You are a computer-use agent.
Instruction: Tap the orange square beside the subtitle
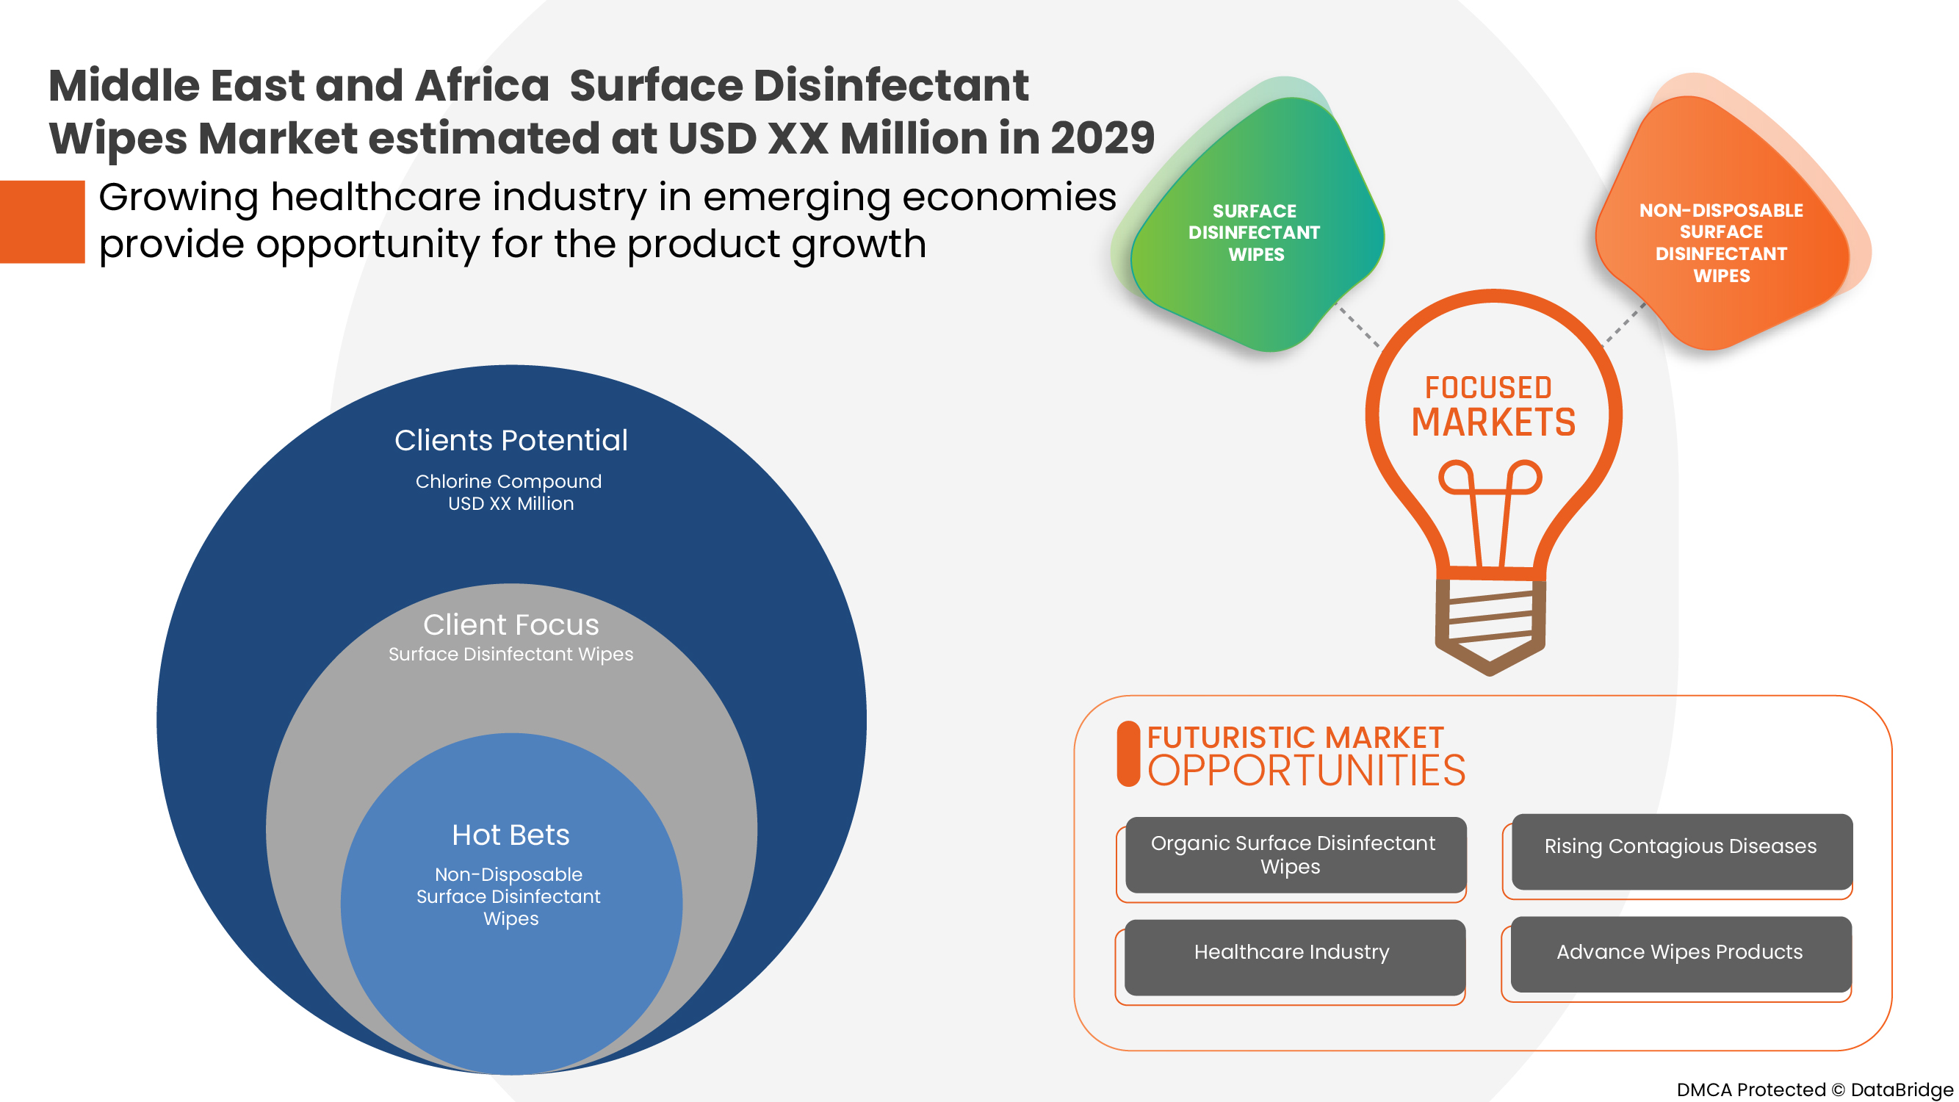pyautogui.click(x=42, y=221)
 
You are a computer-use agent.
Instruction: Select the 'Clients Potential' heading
pyautogui.click(x=511, y=440)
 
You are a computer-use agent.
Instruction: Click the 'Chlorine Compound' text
pyautogui.click(x=508, y=481)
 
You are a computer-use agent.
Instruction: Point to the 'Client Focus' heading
pyautogui.click(x=511, y=624)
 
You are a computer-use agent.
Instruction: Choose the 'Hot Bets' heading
pyautogui.click(x=511, y=835)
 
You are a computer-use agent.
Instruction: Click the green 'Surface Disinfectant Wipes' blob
pyautogui.click(x=1255, y=228)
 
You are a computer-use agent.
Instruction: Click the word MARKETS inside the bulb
pyautogui.click(x=1493, y=423)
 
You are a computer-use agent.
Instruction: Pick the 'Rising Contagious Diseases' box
pyautogui.click(x=1681, y=849)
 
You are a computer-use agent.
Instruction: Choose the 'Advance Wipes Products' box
pyautogui.click(x=1680, y=954)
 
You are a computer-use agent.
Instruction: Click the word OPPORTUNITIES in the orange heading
pyautogui.click(x=1306, y=771)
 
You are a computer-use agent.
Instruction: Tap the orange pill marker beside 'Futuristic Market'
pyautogui.click(x=1128, y=754)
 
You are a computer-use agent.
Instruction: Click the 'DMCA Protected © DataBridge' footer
pyautogui.click(x=1814, y=1089)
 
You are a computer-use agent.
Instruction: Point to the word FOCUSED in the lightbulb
pyautogui.click(x=1488, y=388)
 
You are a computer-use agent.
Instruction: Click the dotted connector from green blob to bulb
pyautogui.click(x=1358, y=326)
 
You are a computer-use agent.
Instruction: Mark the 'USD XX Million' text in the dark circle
pyautogui.click(x=511, y=503)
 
